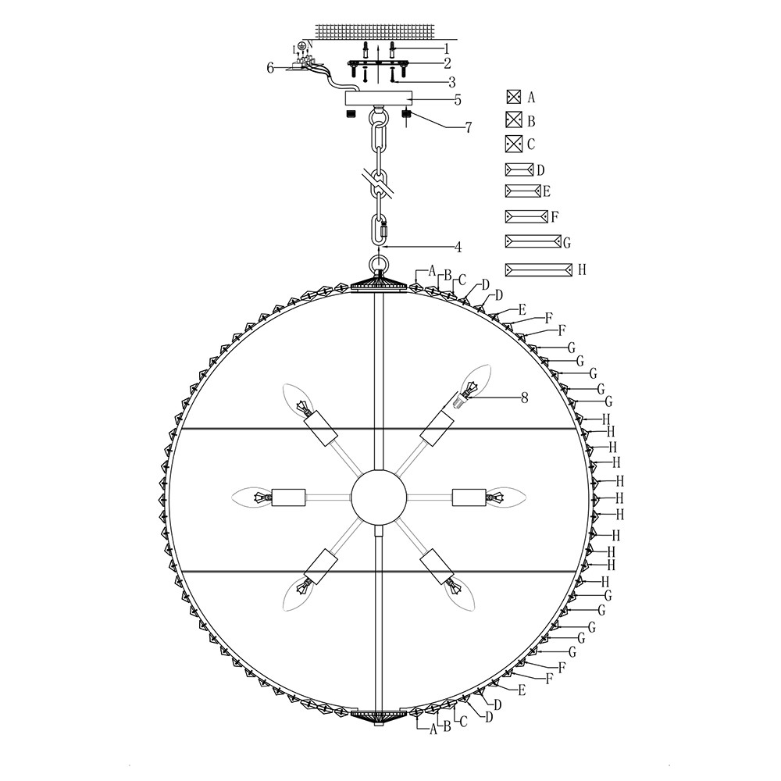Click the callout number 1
click(446, 48)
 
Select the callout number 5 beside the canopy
click(457, 100)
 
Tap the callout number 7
click(468, 127)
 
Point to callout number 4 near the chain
click(458, 247)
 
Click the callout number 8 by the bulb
click(524, 398)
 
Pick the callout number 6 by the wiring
click(270, 68)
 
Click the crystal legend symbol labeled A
click(514, 97)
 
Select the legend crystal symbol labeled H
click(538, 269)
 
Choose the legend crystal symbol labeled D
click(519, 169)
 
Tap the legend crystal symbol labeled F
click(526, 216)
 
